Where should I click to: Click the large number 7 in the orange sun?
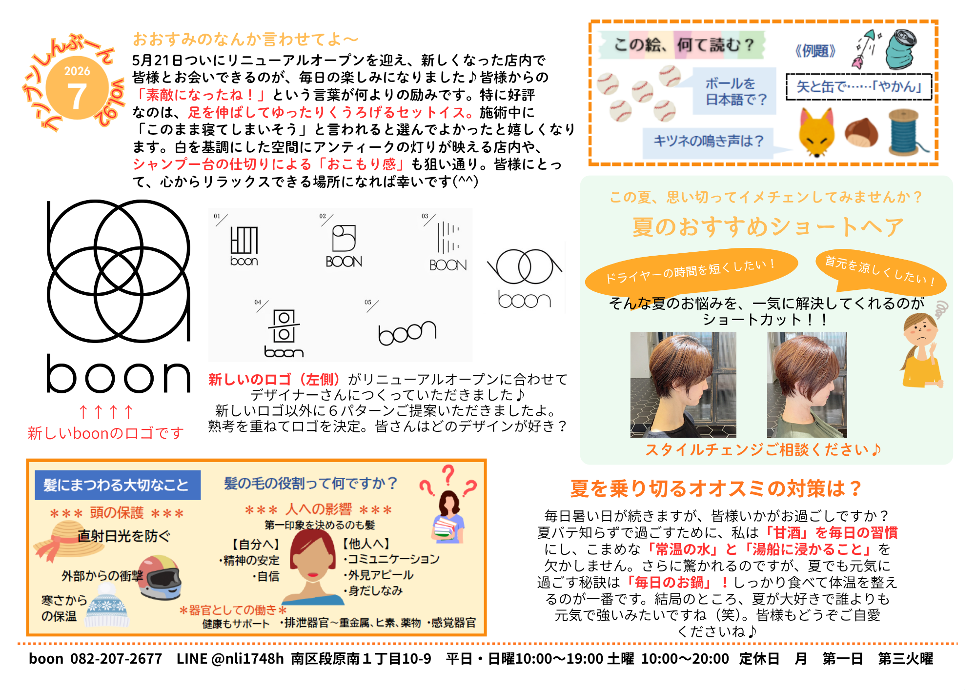point(77,97)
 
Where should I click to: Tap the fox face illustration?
point(816,132)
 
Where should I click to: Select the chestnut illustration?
point(861,132)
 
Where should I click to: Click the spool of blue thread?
point(905,132)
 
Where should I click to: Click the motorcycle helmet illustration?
point(160,577)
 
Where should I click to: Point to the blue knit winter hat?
point(107,605)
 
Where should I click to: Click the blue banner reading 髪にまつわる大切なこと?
point(118,485)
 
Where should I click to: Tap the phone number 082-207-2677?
point(116,659)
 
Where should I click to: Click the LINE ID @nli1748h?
point(247,659)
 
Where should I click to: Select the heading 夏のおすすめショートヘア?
point(768,227)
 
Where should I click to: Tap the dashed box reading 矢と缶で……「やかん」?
point(859,87)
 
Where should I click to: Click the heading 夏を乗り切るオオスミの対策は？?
point(716,488)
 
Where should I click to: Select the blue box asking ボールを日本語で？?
point(735,91)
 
